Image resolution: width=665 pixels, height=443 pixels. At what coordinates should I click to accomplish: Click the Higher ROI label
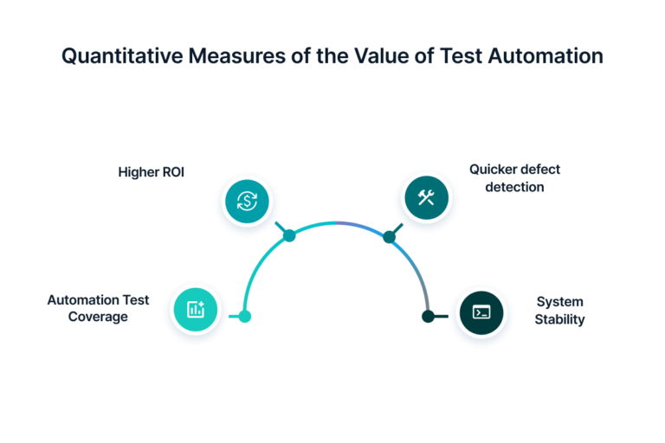coord(152,172)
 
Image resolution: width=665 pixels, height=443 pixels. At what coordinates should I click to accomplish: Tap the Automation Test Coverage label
coord(98,308)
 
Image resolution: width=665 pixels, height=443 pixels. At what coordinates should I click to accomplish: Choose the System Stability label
coord(559,311)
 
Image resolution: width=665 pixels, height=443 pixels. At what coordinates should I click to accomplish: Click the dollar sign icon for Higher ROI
coord(247,202)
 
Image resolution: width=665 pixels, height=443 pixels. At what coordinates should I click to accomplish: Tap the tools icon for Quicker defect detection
coord(426,198)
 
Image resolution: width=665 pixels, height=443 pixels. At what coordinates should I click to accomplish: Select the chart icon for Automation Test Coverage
coord(196,309)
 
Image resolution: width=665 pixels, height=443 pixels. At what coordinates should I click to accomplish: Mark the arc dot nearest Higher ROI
coord(289,235)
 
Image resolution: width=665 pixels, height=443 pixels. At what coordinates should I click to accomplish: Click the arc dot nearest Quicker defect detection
coord(390,236)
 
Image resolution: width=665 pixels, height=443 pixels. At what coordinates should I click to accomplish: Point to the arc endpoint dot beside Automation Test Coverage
coord(245,317)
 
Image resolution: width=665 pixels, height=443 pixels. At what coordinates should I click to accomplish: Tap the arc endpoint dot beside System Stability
coord(428,317)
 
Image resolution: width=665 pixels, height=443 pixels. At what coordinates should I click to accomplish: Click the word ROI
coord(172,172)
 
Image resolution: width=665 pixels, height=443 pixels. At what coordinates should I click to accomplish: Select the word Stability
coord(559,319)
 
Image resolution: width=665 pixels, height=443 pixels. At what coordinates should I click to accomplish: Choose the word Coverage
coord(98,317)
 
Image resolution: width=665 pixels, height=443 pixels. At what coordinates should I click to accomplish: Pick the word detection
coord(515,187)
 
